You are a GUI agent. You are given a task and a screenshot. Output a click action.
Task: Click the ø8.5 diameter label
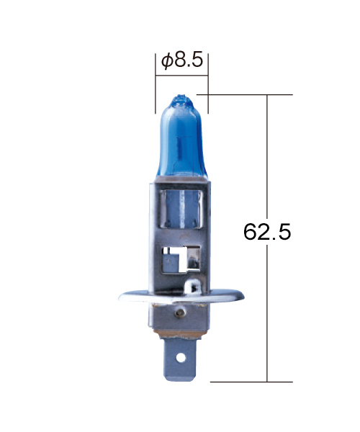coord(182,60)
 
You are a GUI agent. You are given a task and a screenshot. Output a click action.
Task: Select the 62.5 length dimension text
coord(267,231)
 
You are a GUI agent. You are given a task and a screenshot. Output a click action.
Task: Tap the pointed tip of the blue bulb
coord(181,96)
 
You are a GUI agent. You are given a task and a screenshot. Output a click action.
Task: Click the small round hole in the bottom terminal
coord(181,358)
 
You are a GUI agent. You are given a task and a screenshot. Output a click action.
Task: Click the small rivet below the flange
coord(180,312)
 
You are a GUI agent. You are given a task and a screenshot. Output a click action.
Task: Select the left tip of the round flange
coord(119,298)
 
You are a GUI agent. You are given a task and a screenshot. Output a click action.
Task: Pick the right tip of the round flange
coord(243,297)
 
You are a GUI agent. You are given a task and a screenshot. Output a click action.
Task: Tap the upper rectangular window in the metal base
coord(181,210)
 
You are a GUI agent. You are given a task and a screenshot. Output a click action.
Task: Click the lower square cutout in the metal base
coord(181,260)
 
